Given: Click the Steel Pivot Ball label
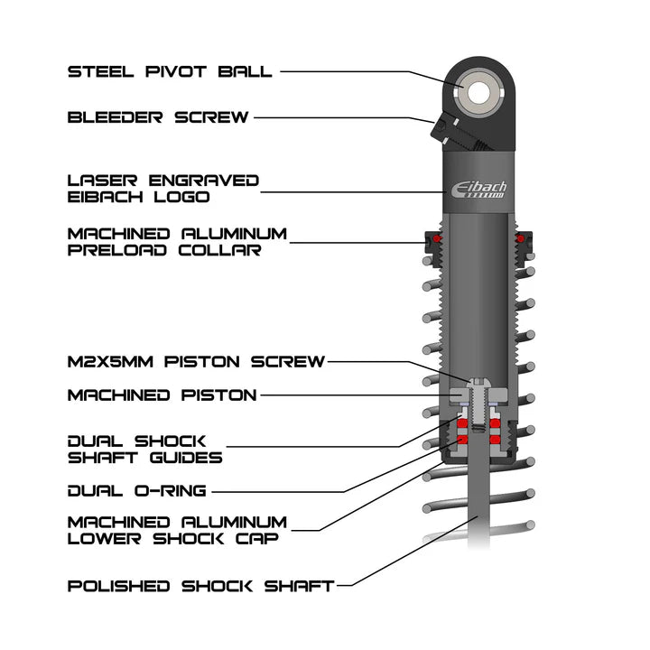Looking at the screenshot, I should click(x=170, y=71).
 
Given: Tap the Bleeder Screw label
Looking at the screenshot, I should click(x=158, y=117).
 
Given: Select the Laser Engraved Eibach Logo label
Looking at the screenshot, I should click(x=162, y=189).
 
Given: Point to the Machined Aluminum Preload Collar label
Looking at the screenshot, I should click(x=177, y=242).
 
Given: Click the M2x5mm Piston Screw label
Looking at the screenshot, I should click(x=196, y=362).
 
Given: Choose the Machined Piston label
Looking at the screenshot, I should click(x=162, y=395).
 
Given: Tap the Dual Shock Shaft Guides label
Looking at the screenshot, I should click(x=144, y=449).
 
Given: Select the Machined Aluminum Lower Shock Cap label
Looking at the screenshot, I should click(x=177, y=530).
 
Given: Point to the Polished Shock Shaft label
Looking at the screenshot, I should click(x=200, y=586).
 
